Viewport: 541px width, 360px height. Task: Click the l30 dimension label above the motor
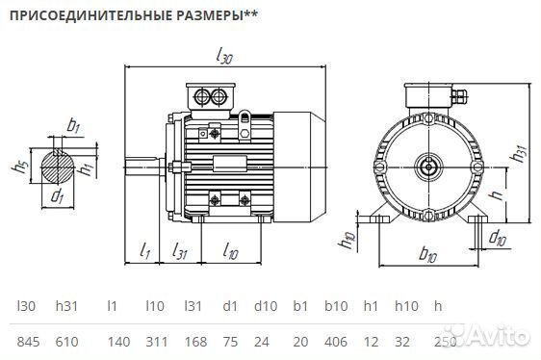pos(224,57)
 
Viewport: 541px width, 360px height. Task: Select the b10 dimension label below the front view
pos(428,256)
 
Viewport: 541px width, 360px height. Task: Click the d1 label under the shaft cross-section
pos(57,197)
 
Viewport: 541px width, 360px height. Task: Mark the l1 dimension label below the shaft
pos(144,252)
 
